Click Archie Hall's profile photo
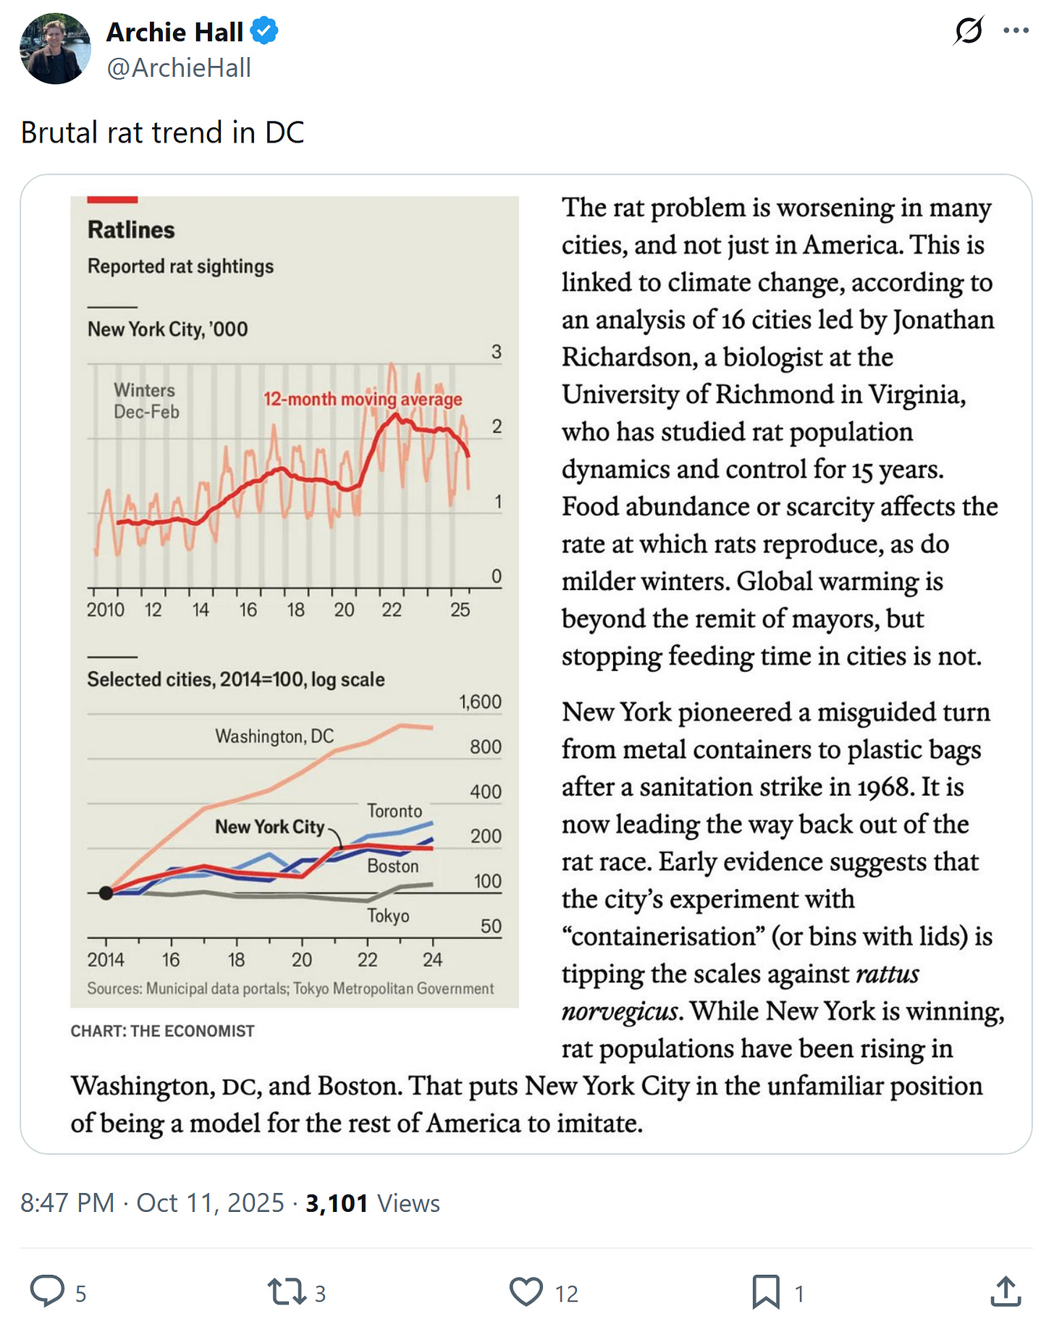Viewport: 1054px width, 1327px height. coord(55,49)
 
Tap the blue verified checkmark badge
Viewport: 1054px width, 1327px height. coord(264,32)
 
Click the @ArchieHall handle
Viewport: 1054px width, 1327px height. coord(179,68)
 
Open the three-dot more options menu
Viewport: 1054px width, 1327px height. coord(1016,30)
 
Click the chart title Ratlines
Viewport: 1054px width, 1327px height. coord(131,230)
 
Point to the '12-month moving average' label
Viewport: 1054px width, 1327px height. coord(362,399)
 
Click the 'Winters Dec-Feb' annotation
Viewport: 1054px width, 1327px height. coord(146,401)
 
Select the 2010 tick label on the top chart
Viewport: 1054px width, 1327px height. coord(106,610)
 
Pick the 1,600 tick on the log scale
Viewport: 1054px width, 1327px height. coord(480,702)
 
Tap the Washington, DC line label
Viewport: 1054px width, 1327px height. coord(274,736)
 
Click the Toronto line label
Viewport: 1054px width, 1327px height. coord(395,811)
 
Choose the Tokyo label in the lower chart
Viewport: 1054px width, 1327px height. coord(388,916)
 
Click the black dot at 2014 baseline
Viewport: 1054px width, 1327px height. coord(106,893)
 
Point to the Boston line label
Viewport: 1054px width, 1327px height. coord(392,866)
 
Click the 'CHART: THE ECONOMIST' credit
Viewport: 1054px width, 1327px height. coord(162,1031)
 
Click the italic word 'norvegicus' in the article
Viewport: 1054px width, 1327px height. coord(620,1011)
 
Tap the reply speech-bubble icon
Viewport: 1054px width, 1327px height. coord(48,1291)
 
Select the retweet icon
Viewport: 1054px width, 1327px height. coord(287,1291)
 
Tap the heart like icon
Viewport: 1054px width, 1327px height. coord(526,1291)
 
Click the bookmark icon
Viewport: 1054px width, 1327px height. coord(765,1291)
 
